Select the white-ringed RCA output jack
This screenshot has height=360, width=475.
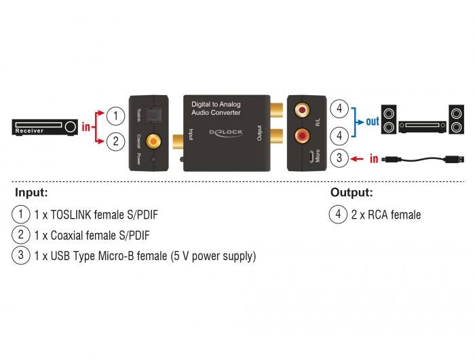point(301,109)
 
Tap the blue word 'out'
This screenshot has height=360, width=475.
point(373,122)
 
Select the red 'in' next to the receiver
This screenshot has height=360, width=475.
point(86,127)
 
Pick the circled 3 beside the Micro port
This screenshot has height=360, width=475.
point(339,158)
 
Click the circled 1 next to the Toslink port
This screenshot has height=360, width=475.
point(116,115)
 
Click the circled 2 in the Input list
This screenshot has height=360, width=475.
point(21,236)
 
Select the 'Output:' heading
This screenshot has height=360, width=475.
point(351,193)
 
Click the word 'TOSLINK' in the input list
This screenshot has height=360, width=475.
point(73,215)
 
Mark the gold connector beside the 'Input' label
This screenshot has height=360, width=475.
point(178,141)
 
